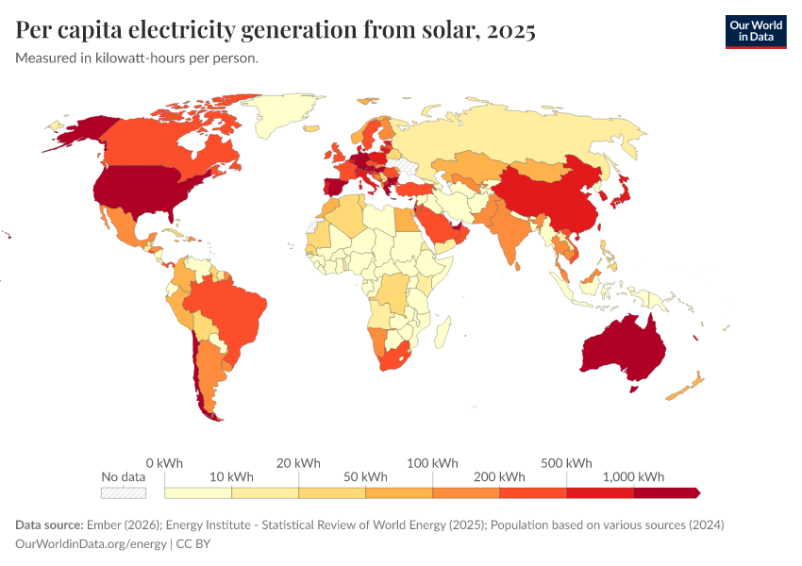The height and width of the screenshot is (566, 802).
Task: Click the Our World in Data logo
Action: click(755, 31)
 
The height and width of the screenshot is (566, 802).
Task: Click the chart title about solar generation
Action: click(276, 31)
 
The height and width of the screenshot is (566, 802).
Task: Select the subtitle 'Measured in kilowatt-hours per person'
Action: click(137, 58)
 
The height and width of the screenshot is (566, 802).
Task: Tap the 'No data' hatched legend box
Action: click(124, 492)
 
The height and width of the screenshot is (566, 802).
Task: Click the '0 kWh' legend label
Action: click(164, 463)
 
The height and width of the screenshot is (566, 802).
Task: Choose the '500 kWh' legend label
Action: click(566, 463)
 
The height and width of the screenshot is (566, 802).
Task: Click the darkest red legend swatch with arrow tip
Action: click(665, 492)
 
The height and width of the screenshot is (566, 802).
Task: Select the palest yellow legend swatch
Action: click(198, 492)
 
